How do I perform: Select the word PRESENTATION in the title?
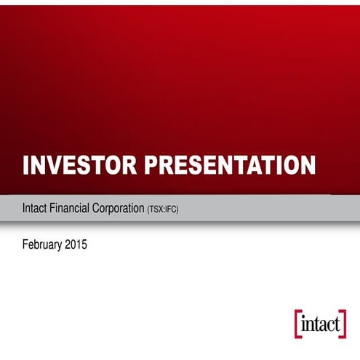(x=231, y=165)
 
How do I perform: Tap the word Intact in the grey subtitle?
(x=36, y=209)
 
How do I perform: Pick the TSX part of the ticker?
(x=157, y=209)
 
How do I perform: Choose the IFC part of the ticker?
(x=171, y=209)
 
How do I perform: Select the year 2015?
(x=76, y=245)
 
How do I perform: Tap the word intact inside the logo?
(x=320, y=325)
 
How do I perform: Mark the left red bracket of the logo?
(x=297, y=324)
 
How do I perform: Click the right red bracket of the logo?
(x=343, y=324)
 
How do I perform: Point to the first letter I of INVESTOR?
(x=26, y=165)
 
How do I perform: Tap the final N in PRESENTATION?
(x=308, y=165)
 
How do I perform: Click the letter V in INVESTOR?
(x=52, y=165)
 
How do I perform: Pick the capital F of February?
(x=26, y=245)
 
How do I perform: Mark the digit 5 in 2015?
(x=84, y=245)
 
